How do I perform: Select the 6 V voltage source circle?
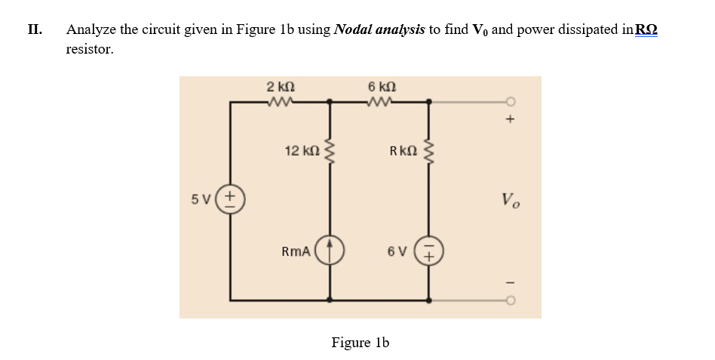coord(430,251)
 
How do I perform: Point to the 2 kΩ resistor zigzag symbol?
coord(280,100)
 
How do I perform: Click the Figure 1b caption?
coord(360,342)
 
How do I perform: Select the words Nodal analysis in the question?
coord(381,29)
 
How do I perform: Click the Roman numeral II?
coord(34,29)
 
